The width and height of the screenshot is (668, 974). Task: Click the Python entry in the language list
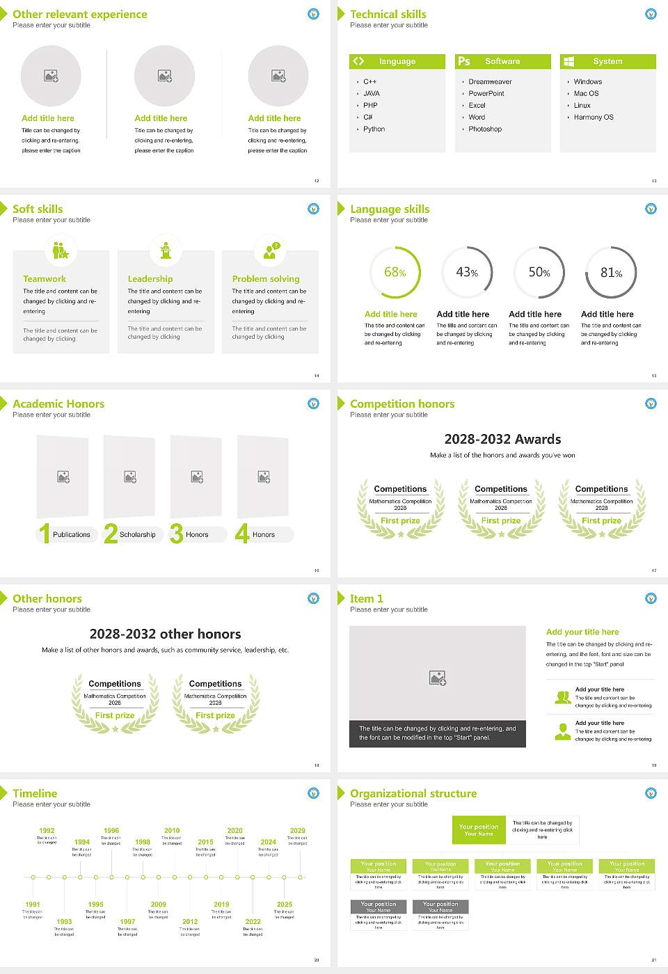[x=374, y=129]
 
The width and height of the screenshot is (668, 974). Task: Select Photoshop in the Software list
[x=485, y=129]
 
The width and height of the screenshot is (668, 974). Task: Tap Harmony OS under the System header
[x=594, y=118]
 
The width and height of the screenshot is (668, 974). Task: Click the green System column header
[x=607, y=61]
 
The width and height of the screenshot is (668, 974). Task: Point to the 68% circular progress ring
[x=395, y=272]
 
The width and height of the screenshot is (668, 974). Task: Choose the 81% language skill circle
[x=611, y=272]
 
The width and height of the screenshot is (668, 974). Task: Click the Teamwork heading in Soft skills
[x=45, y=279]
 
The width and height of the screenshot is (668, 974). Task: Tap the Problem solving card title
[x=266, y=279]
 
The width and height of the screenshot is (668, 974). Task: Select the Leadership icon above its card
[x=166, y=250]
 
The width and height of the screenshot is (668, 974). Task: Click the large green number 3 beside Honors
[x=176, y=534]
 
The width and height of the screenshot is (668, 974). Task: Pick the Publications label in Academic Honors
[x=72, y=535]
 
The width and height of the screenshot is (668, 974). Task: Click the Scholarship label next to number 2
[x=138, y=535]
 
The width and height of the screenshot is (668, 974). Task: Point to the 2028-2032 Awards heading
[x=502, y=439]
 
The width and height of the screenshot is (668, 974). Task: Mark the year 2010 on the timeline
[x=172, y=831]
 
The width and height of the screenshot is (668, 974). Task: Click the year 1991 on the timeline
[x=33, y=905]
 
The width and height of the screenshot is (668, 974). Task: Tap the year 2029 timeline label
[x=298, y=831]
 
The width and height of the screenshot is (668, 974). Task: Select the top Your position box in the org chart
[x=479, y=830]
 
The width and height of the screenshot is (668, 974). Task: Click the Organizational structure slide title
[x=413, y=793]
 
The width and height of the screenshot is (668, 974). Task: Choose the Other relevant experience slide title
[x=80, y=14]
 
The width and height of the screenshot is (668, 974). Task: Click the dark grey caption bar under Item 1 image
[x=438, y=733]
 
